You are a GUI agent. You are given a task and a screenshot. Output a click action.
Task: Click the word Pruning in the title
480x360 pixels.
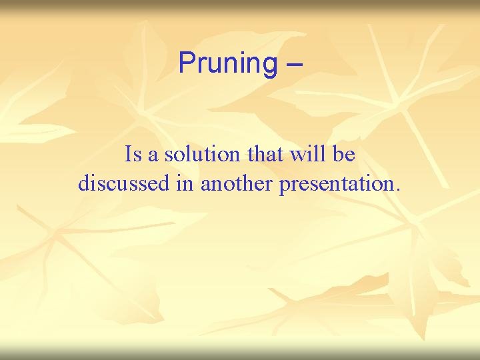(x=227, y=64)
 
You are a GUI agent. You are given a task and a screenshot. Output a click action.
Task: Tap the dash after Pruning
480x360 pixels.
(x=294, y=64)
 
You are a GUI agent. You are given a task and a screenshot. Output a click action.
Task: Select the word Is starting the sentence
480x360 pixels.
(x=133, y=155)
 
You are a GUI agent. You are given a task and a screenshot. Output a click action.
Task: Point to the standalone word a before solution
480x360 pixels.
(x=153, y=156)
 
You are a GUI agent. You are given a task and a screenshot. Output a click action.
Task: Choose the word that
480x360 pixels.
(x=265, y=155)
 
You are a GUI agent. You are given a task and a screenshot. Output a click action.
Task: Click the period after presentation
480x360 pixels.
(x=398, y=190)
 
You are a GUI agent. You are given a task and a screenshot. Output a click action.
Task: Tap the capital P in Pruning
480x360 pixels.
(x=187, y=63)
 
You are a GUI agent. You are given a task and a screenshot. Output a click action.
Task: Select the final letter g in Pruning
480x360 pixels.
(x=269, y=66)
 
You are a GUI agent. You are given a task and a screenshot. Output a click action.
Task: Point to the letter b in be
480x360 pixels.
(x=338, y=155)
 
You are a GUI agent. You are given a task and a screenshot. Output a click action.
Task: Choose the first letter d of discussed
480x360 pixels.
(x=83, y=183)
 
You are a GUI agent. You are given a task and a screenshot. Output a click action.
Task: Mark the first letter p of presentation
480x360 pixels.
(x=285, y=186)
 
